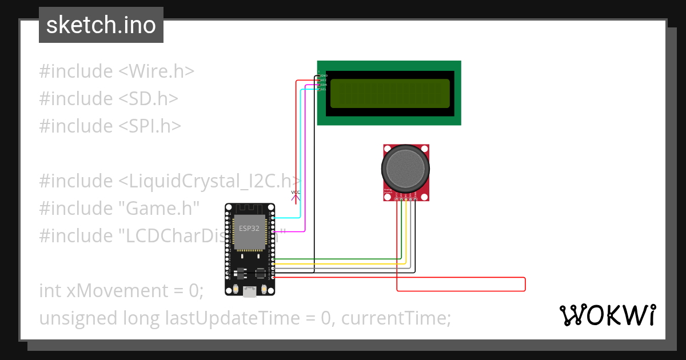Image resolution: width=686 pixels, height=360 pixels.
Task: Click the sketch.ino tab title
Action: tap(101, 25)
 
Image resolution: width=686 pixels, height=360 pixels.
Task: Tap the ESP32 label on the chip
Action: tap(249, 227)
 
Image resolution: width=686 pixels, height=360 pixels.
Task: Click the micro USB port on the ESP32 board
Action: tap(249, 292)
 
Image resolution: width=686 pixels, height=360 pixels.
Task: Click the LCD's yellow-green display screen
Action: tap(390, 93)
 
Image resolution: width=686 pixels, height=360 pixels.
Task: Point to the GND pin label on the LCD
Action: tap(324, 75)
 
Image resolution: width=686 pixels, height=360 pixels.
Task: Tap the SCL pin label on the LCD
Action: tap(324, 89)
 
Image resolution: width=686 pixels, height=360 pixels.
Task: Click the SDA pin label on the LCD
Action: tap(324, 85)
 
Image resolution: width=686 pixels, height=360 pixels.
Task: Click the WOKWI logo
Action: tap(607, 315)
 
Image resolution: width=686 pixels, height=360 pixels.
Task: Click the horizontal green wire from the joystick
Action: tap(337, 259)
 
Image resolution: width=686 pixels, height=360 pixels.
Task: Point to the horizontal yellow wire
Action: tap(337, 263)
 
